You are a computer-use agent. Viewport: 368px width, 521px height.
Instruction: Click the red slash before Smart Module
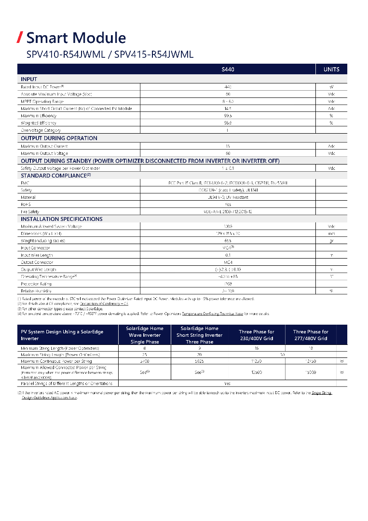coord(20,37)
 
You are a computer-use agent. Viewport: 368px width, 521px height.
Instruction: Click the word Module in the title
coord(102,38)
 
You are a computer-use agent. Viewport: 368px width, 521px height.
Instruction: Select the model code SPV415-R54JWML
coord(154,55)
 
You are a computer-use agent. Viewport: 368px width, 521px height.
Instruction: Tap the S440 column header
coord(228,69)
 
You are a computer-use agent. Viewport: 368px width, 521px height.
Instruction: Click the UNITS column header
coord(331,69)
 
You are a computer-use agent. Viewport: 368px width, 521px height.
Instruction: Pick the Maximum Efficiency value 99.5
coord(228,116)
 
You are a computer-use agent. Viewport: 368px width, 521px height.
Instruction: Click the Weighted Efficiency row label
coord(39,123)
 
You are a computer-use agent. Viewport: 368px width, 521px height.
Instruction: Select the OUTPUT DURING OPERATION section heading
coord(59,138)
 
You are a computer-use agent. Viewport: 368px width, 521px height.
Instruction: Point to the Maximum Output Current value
coord(228,146)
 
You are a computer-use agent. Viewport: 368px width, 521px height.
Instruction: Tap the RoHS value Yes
coord(228,205)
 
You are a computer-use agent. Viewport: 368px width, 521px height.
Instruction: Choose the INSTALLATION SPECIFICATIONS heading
coord(61,219)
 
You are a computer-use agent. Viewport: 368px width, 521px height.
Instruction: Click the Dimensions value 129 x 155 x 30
coord(228,233)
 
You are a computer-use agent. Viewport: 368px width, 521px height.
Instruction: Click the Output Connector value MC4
coord(228,262)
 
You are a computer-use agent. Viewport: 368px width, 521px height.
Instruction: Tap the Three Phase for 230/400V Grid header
coord(257,335)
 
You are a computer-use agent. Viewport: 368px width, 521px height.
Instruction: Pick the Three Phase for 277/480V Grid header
coord(311,335)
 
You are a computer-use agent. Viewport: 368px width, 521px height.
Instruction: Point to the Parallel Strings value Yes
coord(227,384)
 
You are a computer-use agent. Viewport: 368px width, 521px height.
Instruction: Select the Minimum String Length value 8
coord(145,348)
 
